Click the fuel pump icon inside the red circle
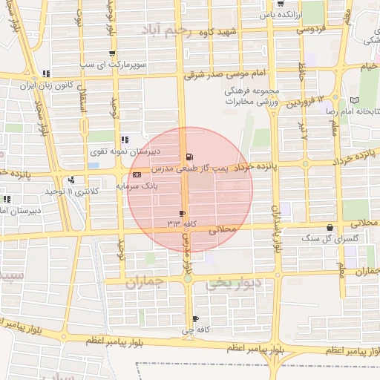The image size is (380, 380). (x=191, y=157)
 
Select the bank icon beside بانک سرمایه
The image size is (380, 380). (x=135, y=174)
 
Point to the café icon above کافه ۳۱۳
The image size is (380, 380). (x=182, y=213)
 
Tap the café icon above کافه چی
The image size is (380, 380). (x=195, y=318)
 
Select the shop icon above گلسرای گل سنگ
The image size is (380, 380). (x=330, y=228)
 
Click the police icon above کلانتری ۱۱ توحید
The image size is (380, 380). (x=71, y=180)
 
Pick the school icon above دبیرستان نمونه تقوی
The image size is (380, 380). (x=125, y=139)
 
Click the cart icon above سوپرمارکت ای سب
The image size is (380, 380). (x=111, y=53)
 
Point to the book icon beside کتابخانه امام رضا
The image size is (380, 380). (x=354, y=99)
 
